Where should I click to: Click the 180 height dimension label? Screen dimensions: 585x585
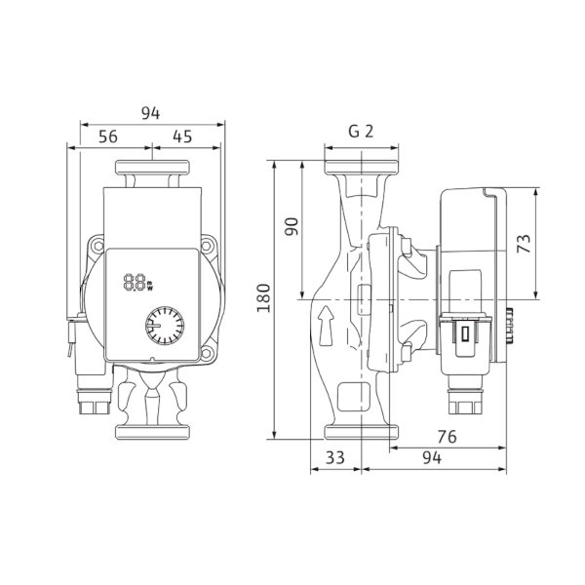(x=264, y=298)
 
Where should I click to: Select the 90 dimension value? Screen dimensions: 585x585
(x=292, y=226)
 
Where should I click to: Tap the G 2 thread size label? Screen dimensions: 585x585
(x=361, y=131)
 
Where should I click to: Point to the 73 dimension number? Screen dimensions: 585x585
(x=524, y=243)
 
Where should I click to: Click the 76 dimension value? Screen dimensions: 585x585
(x=447, y=437)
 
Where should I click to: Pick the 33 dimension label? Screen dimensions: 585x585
(x=335, y=457)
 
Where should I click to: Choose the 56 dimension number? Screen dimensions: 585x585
(x=108, y=136)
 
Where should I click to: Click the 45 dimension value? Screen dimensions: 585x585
(x=182, y=136)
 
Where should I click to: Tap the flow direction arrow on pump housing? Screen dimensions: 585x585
(x=326, y=326)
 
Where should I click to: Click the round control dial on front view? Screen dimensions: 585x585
(x=165, y=326)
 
